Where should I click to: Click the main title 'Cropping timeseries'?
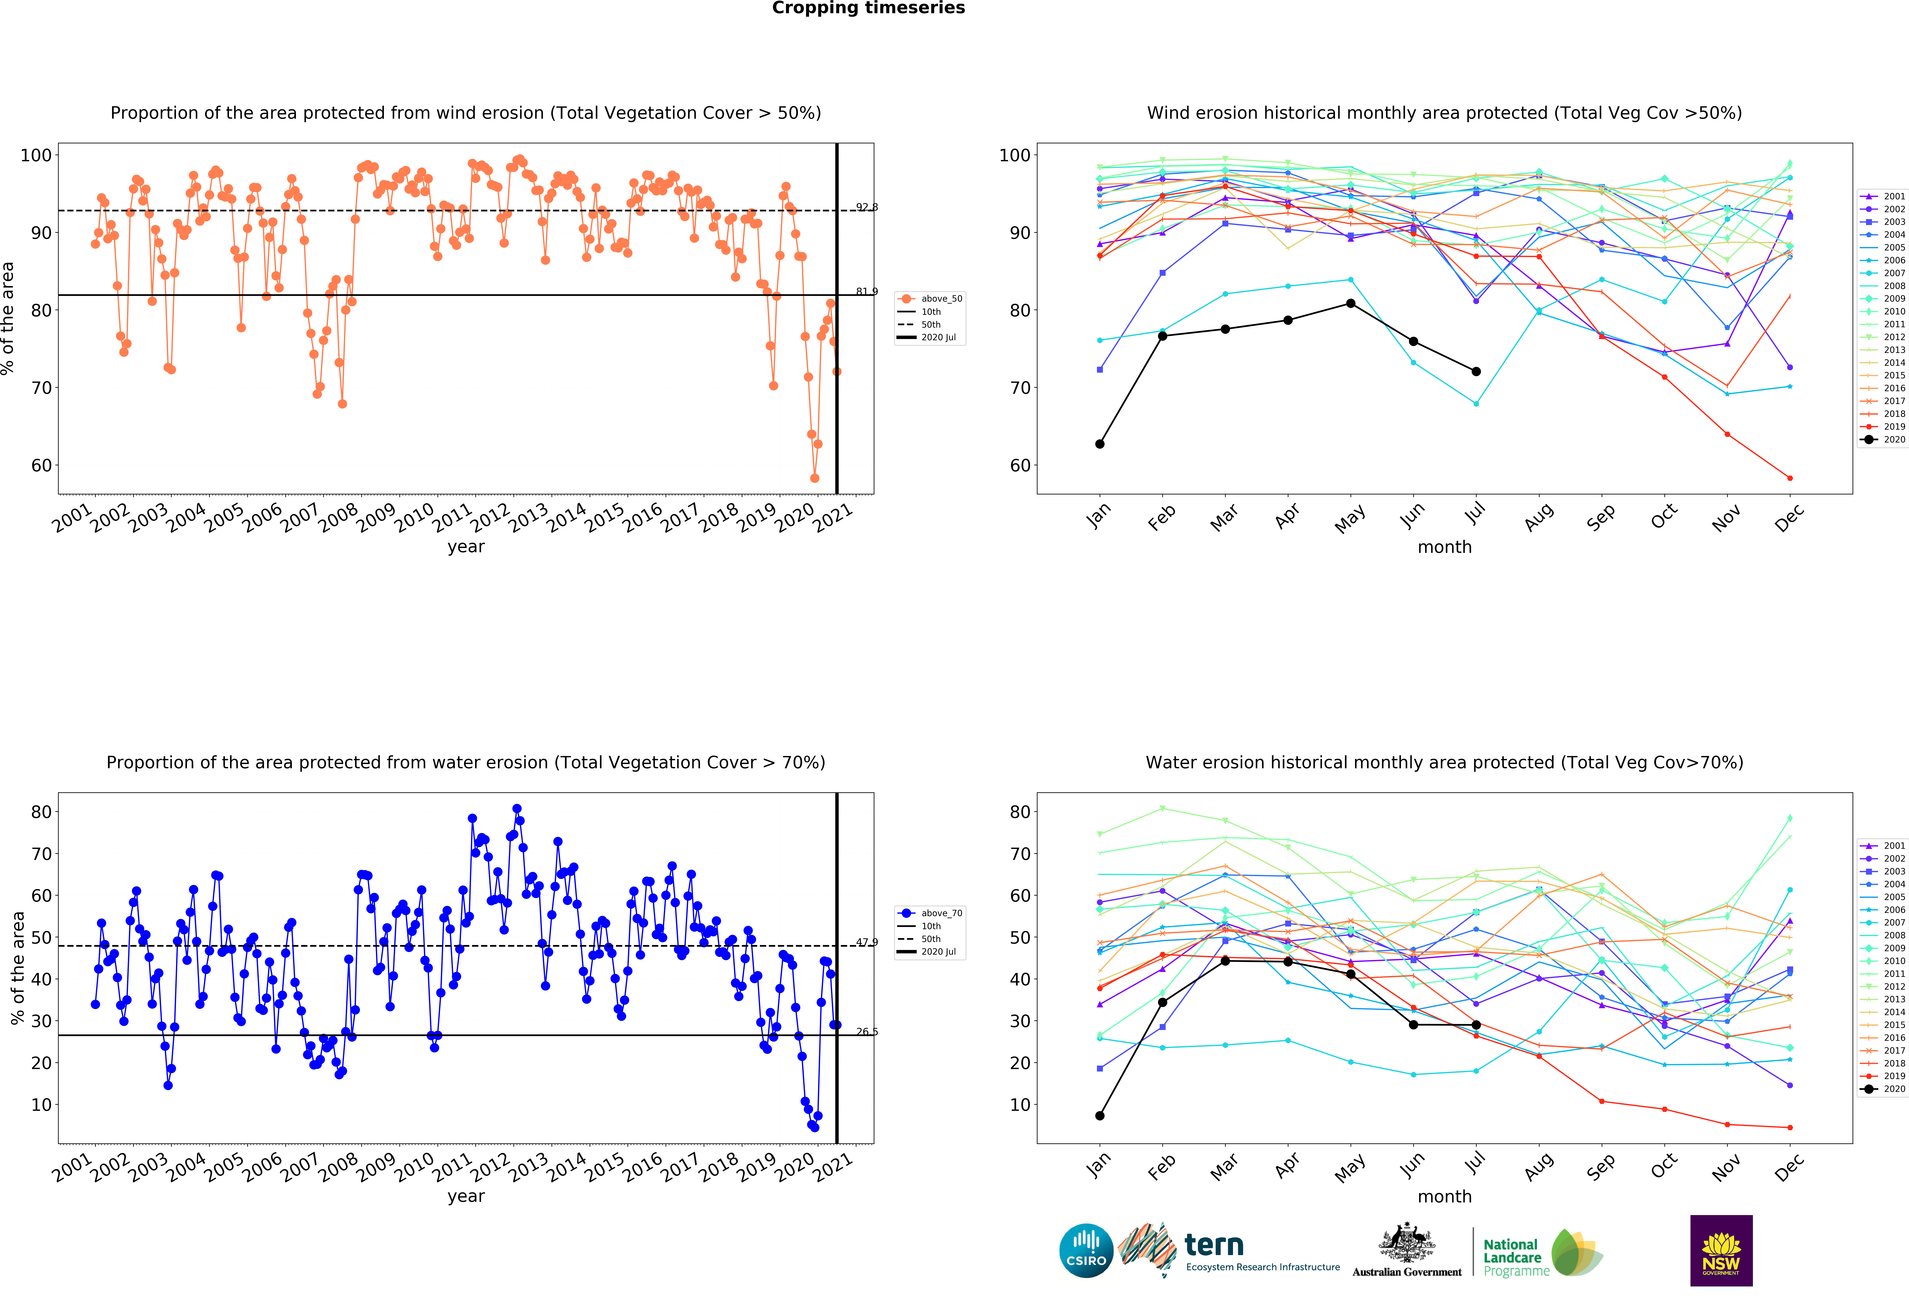pyautogui.click(x=868, y=8)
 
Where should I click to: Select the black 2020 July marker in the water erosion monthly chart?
pyautogui.click(x=1476, y=1025)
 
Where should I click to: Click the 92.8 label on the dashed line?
pyautogui.click(x=867, y=207)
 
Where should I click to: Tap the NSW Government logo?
pyautogui.click(x=1721, y=1250)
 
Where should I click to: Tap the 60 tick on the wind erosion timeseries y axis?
pyautogui.click(x=41, y=466)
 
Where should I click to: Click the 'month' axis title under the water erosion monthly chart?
pyautogui.click(x=1444, y=1197)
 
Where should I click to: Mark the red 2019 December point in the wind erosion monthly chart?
pyautogui.click(x=1790, y=478)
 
